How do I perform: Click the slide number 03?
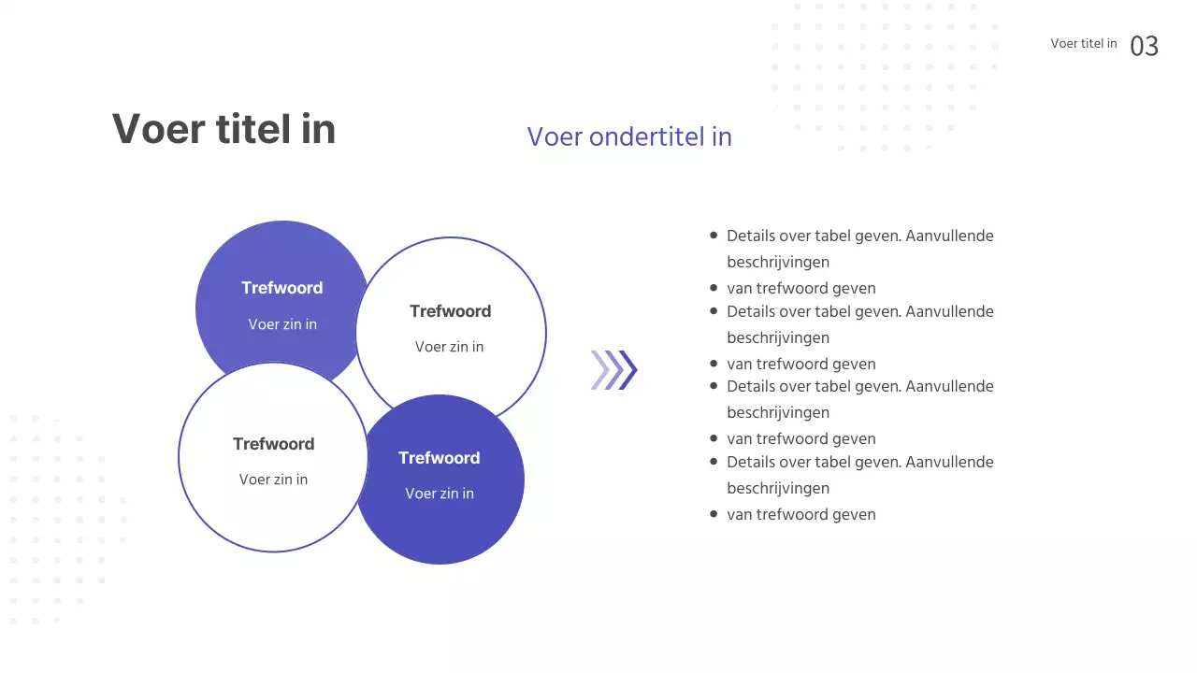pos(1144,46)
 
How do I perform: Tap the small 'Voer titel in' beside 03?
pos(1083,43)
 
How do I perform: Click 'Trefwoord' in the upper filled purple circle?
pos(281,288)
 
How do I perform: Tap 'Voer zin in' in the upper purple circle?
pos(282,324)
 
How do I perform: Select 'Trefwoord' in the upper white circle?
pos(450,311)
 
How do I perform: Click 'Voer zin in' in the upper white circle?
pos(449,347)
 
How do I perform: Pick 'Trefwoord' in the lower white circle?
pos(273,444)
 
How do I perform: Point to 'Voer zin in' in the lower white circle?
pos(273,480)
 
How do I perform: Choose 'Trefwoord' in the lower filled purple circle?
pos(439,458)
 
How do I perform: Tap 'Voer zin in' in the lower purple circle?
pos(439,494)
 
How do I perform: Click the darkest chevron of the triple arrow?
pos(628,370)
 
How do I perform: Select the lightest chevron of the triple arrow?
pos(598,370)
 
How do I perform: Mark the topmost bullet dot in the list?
pos(714,236)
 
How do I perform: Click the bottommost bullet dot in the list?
pos(714,514)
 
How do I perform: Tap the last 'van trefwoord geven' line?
pos(800,514)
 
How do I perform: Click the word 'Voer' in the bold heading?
pos(153,129)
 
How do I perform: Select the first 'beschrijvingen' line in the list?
pos(777,262)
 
